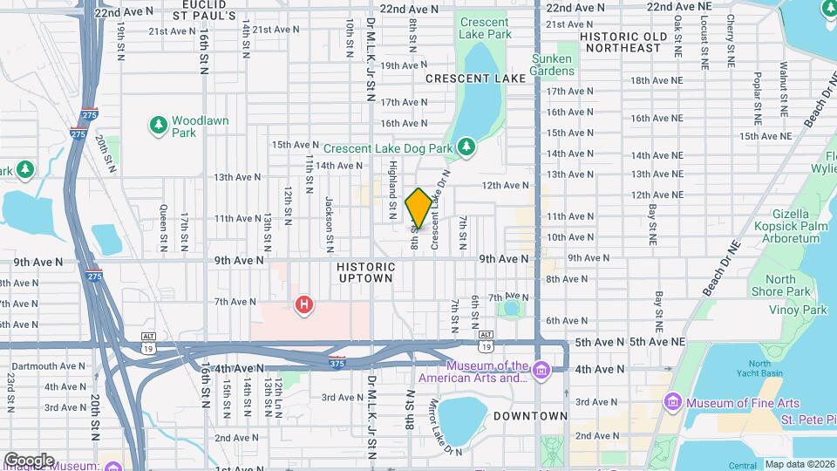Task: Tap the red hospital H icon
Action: pos(303,304)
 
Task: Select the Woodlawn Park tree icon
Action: pos(158,126)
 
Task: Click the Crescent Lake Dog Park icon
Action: pos(466,147)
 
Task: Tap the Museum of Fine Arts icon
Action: pos(672,403)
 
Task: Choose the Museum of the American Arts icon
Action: pos(541,372)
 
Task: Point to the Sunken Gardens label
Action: pos(553,65)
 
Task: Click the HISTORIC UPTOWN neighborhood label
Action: pos(365,270)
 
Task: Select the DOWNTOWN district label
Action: pos(532,416)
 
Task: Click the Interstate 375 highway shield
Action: pos(337,363)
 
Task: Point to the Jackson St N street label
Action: pos(330,221)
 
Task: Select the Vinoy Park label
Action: pos(797,310)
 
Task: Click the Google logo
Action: pos(29,460)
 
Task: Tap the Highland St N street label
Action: pos(393,183)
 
